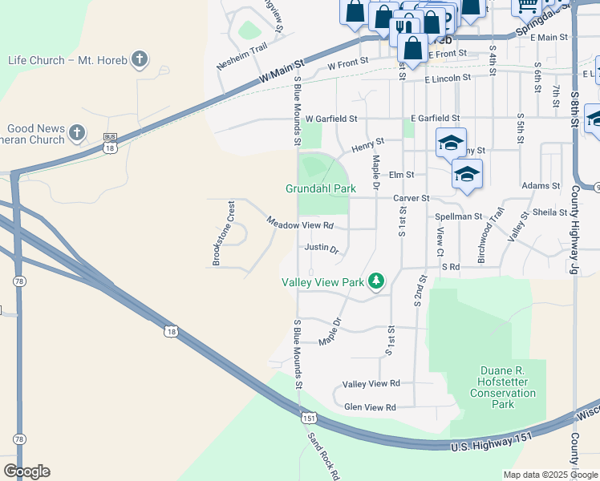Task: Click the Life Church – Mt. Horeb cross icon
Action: tap(140, 59)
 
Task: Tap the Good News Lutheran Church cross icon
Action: tap(77, 131)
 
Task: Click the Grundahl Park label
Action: tap(321, 189)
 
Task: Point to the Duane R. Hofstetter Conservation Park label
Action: tap(503, 387)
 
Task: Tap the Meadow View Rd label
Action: tap(300, 225)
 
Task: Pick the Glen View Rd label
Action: tap(370, 407)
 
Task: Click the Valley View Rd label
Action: tap(371, 384)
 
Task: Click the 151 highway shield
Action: tap(310, 418)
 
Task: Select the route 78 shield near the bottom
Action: tap(19, 439)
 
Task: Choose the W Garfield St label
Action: tap(330, 119)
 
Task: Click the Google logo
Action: tap(26, 471)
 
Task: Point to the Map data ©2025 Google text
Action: tap(549, 475)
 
